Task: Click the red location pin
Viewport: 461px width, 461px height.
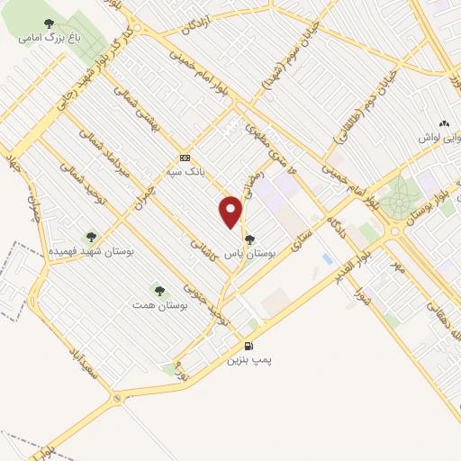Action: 231,212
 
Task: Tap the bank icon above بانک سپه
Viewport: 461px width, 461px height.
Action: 185,155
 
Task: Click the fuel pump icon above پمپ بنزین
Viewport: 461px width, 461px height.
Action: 249,346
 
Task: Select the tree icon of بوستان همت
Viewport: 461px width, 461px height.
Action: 159,291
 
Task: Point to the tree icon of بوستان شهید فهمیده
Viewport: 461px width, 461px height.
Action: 91,237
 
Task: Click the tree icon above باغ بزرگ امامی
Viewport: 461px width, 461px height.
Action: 49,24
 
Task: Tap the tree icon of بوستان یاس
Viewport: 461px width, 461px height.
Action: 249,239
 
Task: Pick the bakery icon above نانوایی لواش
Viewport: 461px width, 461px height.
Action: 442,123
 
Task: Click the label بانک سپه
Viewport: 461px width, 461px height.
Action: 185,168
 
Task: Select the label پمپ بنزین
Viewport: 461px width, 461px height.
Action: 249,359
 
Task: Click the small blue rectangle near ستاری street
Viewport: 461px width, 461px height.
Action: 326,259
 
